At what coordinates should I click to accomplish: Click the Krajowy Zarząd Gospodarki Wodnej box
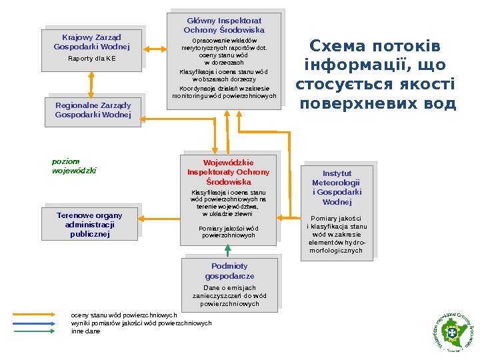(91, 49)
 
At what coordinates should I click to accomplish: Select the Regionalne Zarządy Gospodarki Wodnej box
(93, 111)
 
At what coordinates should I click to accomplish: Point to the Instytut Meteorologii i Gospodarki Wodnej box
(337, 209)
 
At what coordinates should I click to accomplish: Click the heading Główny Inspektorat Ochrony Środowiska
(224, 25)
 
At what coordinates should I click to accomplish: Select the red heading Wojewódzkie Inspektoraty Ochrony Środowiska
(229, 171)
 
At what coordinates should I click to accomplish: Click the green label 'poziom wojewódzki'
(74, 166)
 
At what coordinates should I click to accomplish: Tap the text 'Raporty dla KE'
(91, 59)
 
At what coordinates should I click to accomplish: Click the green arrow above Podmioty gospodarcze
(228, 250)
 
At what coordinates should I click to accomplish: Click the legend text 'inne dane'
(85, 331)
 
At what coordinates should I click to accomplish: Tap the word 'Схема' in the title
(338, 47)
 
